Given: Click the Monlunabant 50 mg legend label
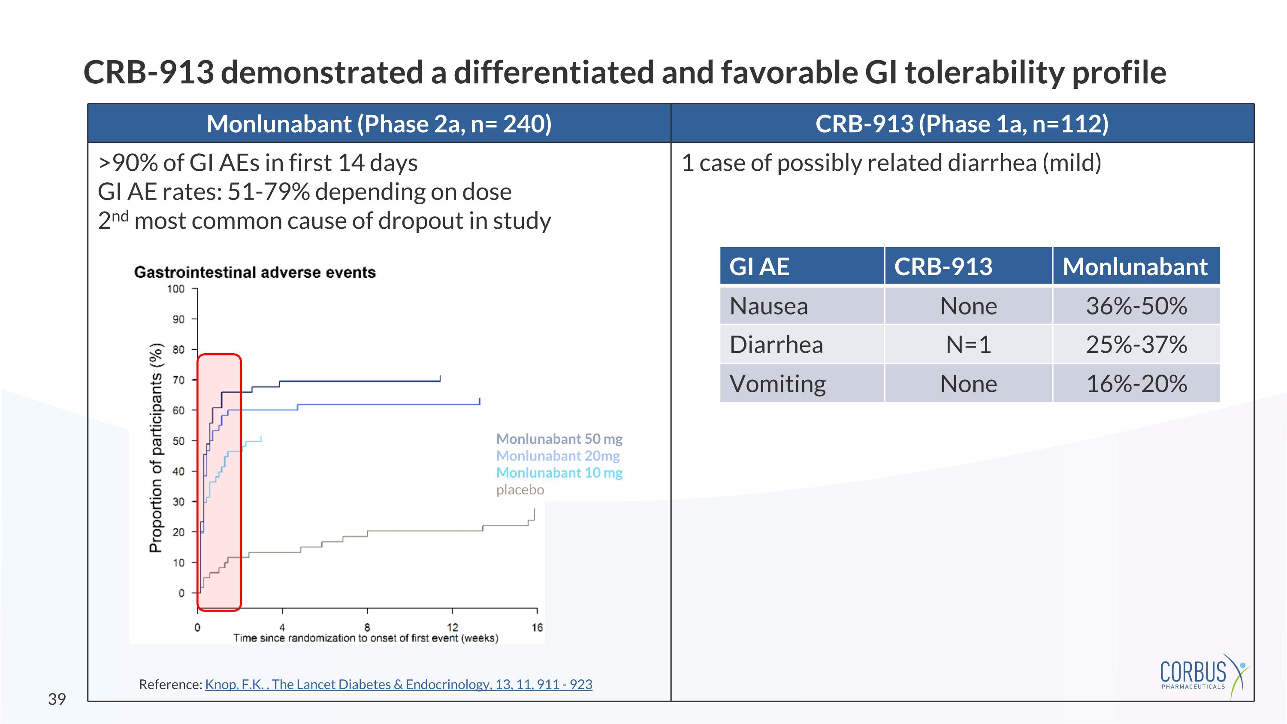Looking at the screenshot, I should [559, 439].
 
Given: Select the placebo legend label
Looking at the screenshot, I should [520, 490].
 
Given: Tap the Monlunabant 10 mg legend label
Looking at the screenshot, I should [559, 473].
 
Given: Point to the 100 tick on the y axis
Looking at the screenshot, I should [176, 289].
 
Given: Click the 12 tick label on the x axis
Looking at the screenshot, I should [452, 627].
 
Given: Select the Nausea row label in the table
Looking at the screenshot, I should [768, 306].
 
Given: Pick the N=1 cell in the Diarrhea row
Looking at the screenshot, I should [968, 345].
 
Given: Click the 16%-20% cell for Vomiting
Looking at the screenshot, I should [1136, 384].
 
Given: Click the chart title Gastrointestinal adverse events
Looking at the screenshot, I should [255, 273].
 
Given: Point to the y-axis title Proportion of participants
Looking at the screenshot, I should [156, 447].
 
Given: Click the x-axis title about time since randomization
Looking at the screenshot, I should [366, 638].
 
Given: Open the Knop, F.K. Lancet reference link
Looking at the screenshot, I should [398, 684].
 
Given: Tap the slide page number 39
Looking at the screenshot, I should [57, 699].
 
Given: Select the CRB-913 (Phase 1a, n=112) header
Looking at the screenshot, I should [962, 124].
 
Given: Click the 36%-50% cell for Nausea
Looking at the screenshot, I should [1136, 306].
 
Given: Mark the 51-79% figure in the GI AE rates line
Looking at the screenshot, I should [268, 192].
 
